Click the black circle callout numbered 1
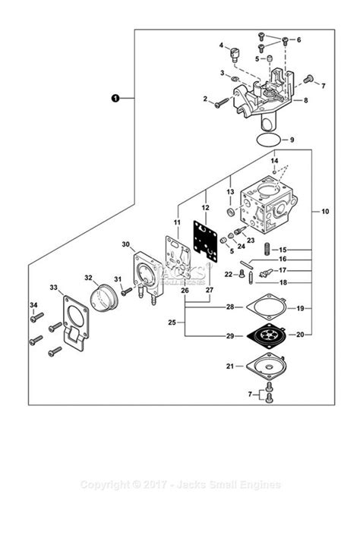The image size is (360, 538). coord(115,98)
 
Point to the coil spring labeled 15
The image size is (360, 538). coord(268,247)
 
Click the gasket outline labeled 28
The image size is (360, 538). coord(265,307)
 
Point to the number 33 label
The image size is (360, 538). coord(53,287)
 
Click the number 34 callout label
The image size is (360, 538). coord(33,305)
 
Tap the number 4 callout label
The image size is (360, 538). coord(222,46)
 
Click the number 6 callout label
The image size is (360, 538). coord(298,39)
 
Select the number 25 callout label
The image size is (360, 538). coord(172,322)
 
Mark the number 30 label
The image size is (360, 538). coord(125,244)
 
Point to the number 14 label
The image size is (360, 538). coord(275,162)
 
